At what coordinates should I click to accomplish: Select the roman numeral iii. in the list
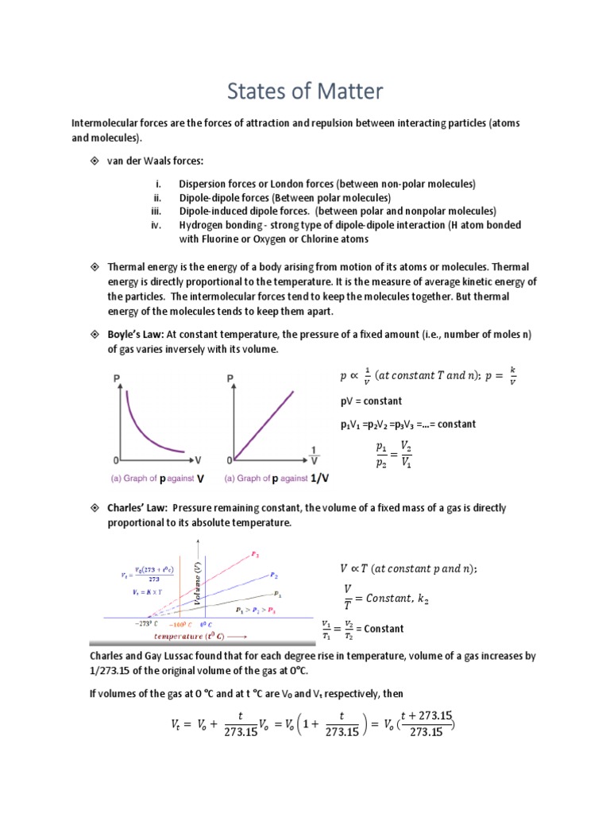pos(156,211)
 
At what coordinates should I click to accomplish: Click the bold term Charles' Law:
pos(137,507)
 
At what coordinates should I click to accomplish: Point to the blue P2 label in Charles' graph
pos(273,574)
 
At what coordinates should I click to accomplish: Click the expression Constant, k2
pos(397,597)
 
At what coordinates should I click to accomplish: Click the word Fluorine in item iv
pos(219,239)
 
